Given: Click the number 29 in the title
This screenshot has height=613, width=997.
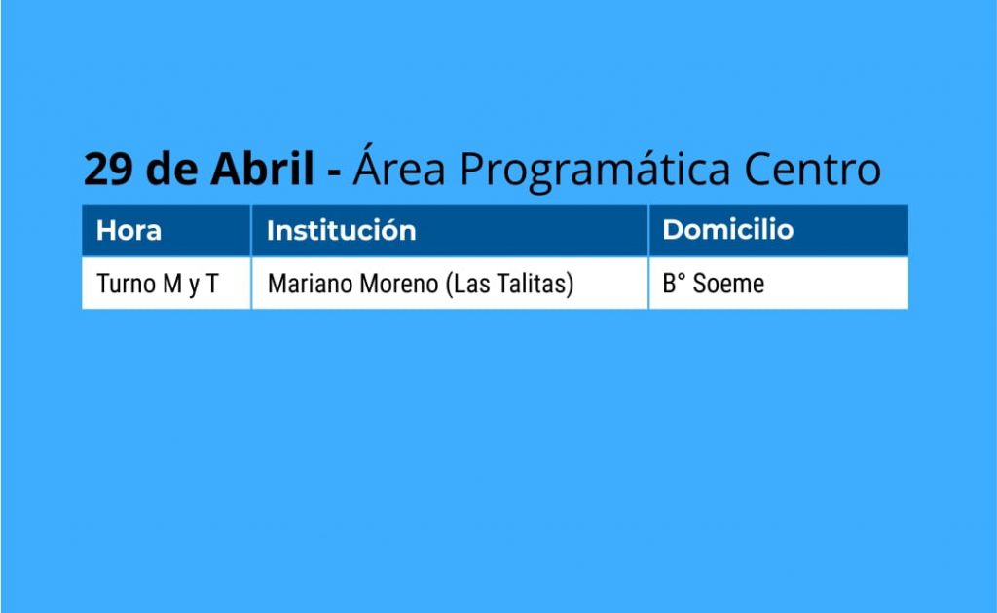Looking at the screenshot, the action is pyautogui.click(x=109, y=170).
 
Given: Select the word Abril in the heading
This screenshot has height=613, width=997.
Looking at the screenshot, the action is pyautogui.click(x=263, y=168).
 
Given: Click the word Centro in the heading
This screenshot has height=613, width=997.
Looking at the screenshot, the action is pyautogui.click(x=812, y=170).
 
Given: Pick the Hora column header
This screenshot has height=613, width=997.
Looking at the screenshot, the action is pyautogui.click(x=129, y=230).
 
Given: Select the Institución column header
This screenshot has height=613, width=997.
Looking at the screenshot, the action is pyautogui.click(x=342, y=230).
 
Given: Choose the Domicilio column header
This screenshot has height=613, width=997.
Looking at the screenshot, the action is pyautogui.click(x=728, y=229).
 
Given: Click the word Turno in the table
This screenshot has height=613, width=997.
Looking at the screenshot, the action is pyautogui.click(x=128, y=284).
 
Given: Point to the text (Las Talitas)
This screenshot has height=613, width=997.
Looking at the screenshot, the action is pyautogui.click(x=510, y=284).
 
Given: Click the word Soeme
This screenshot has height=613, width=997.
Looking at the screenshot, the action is pyautogui.click(x=728, y=284).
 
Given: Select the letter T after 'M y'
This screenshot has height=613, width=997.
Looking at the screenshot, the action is pyautogui.click(x=211, y=284).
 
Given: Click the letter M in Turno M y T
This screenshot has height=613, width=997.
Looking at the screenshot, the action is pyautogui.click(x=172, y=284).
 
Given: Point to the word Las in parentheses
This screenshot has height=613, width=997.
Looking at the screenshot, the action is pyautogui.click(x=472, y=284).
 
